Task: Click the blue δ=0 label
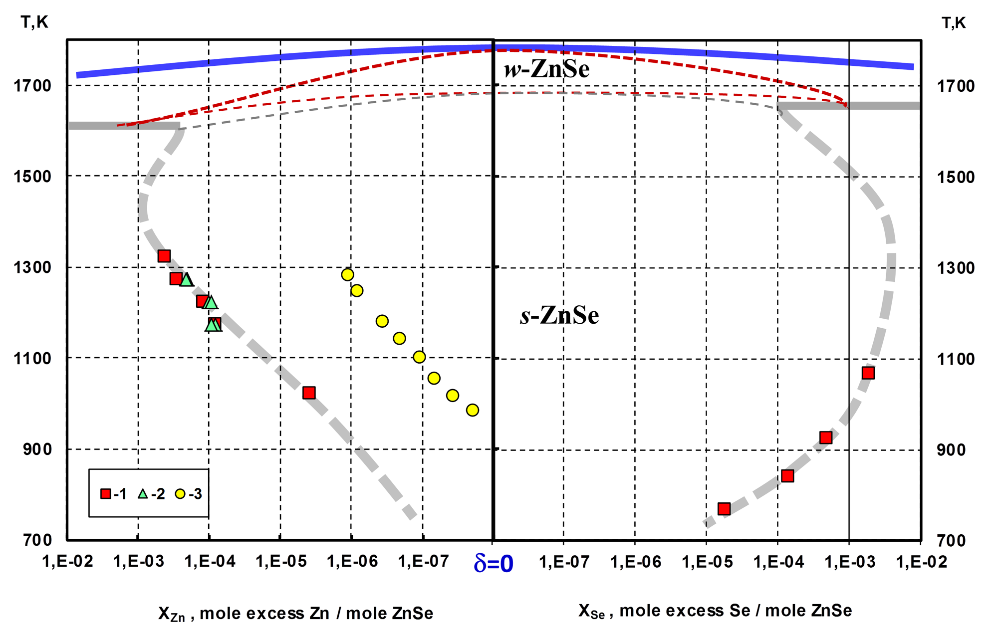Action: (x=493, y=563)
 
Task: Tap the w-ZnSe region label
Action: (x=546, y=69)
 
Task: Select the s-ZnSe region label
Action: (x=559, y=315)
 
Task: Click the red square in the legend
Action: (x=105, y=494)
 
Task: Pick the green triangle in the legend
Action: (x=143, y=494)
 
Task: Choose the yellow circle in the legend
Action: (x=180, y=494)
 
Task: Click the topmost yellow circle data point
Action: (x=348, y=274)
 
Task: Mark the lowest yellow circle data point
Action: (x=473, y=410)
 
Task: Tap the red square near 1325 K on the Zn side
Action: (x=164, y=256)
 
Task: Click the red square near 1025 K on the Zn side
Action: (x=309, y=393)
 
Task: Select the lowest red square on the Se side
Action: (x=724, y=509)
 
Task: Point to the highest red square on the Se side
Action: (x=868, y=373)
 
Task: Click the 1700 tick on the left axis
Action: (x=32, y=86)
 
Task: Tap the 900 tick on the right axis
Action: (x=956, y=449)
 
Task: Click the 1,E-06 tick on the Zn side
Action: (x=352, y=562)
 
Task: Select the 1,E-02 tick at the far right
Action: (x=921, y=562)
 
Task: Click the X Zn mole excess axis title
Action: (x=295, y=614)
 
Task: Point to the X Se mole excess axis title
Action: (x=715, y=611)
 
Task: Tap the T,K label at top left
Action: (x=34, y=22)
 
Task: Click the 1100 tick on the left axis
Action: (x=32, y=358)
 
